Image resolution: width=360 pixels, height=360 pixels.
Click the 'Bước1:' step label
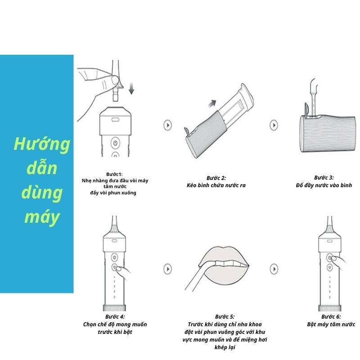pyautogui.click(x=114, y=174)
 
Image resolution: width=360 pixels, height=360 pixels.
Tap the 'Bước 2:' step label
pyautogui.click(x=216, y=178)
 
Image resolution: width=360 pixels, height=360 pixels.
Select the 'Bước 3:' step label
pyautogui.click(x=324, y=177)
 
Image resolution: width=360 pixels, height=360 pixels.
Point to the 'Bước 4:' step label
pyautogui.click(x=115, y=317)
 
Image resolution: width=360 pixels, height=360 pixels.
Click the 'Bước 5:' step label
pyautogui.click(x=225, y=317)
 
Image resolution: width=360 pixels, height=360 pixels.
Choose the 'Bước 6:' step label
pyautogui.click(x=331, y=317)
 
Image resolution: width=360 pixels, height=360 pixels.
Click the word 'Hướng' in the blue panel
pyautogui.click(x=42, y=144)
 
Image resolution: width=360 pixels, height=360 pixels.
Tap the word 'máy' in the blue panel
pyautogui.click(x=42, y=217)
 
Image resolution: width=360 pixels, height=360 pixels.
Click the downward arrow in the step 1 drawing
pyautogui.click(x=131, y=89)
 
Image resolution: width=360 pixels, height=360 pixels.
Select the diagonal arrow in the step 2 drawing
pyautogui.click(x=212, y=103)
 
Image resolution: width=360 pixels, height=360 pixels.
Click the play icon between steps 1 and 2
pyautogui.click(x=167, y=125)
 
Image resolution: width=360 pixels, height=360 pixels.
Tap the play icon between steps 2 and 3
pyautogui.click(x=274, y=125)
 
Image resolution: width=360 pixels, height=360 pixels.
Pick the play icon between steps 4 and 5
pyautogui.click(x=167, y=269)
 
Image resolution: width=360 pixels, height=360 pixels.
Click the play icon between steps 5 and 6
pyautogui.click(x=274, y=269)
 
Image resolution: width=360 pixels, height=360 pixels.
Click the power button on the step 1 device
pyautogui.click(x=115, y=143)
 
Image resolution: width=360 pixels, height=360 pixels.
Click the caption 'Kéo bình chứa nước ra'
pyautogui.click(x=216, y=185)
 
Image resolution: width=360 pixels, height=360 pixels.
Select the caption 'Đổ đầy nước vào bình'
pyautogui.click(x=324, y=185)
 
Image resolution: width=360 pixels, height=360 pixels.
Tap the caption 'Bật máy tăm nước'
pyautogui.click(x=331, y=324)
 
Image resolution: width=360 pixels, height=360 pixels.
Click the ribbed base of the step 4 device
pyautogui.click(x=115, y=308)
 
